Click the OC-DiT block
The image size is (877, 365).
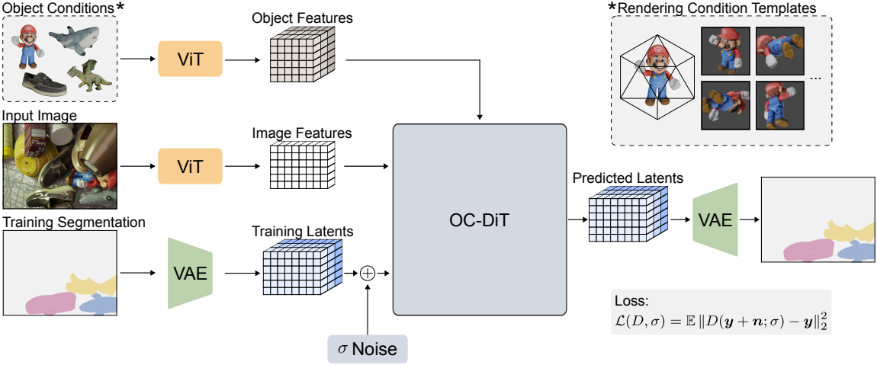tap(479, 219)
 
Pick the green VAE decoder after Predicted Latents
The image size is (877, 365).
tap(715, 219)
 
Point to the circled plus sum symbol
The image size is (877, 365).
tap(368, 273)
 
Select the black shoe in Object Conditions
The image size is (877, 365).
tap(42, 82)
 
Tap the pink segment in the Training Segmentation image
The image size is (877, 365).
tap(52, 303)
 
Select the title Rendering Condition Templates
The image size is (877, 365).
tap(718, 8)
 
